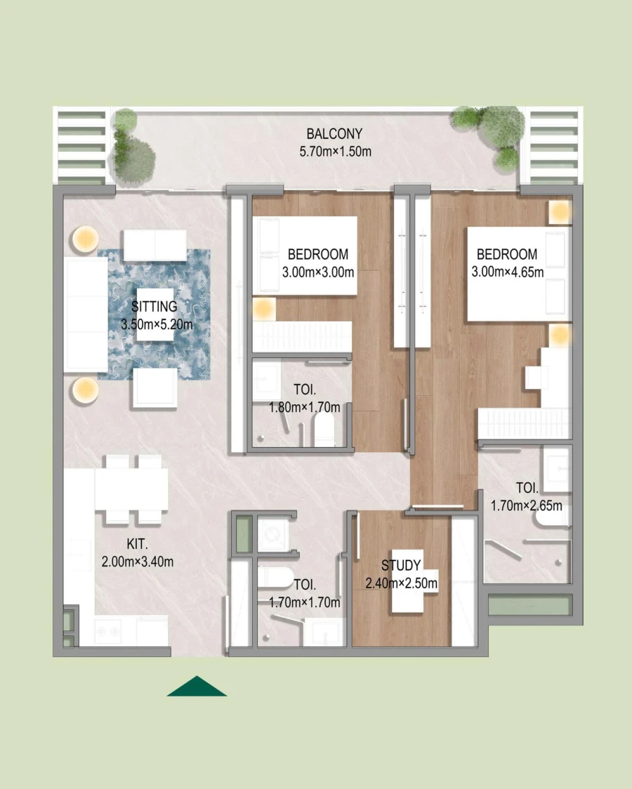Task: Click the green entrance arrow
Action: coord(197,687)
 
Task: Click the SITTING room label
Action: coord(154,307)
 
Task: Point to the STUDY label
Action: coord(401,565)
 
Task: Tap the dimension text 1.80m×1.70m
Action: coord(304,407)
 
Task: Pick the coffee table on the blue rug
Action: coord(154,315)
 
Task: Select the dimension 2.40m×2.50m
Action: coord(401,583)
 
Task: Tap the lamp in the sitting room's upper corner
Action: coord(83,239)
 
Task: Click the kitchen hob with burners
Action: coord(109,632)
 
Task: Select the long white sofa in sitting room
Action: coord(86,314)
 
